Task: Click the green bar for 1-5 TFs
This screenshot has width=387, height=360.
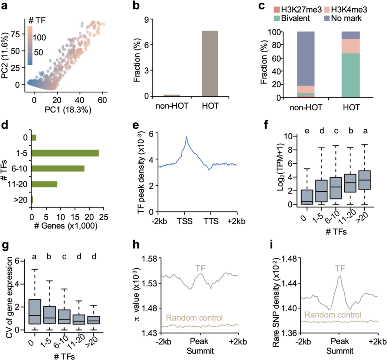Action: pyautogui.click(x=65, y=153)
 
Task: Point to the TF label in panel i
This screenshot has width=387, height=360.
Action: pyautogui.click(x=338, y=268)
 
